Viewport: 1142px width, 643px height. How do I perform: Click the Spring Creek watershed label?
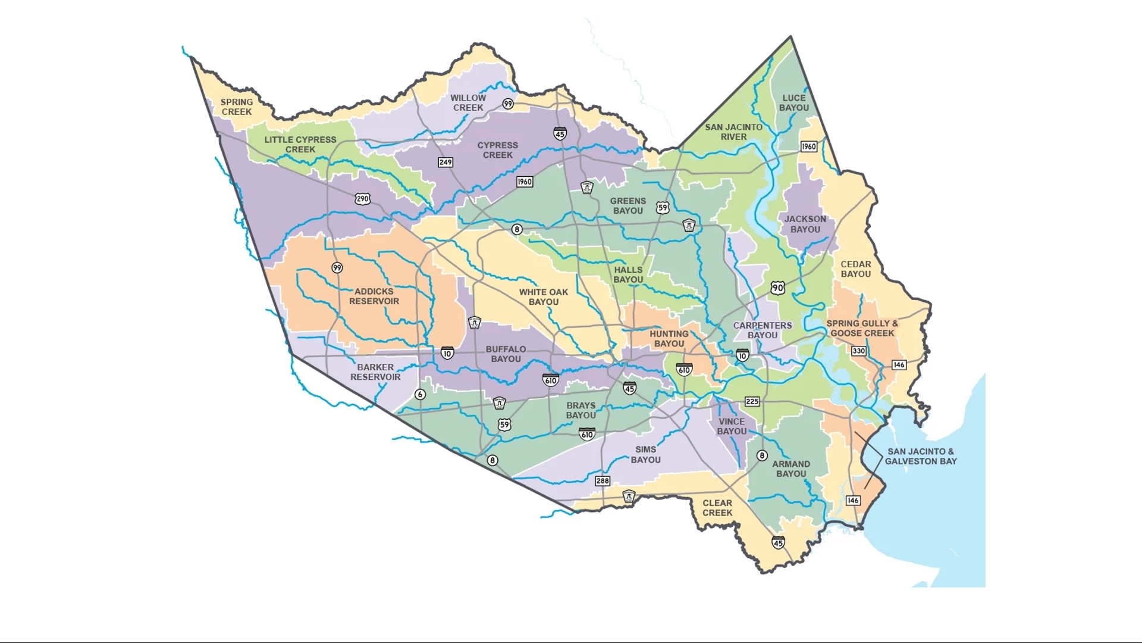pyautogui.click(x=237, y=107)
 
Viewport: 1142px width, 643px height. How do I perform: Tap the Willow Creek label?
pyautogui.click(x=468, y=103)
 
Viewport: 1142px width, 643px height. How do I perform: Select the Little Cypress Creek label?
pyautogui.click(x=300, y=145)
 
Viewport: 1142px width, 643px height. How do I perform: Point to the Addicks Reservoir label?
pyautogui.click(x=374, y=296)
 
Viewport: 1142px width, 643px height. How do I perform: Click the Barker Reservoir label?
pyautogui.click(x=375, y=372)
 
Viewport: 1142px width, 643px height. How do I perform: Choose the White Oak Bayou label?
pyautogui.click(x=544, y=297)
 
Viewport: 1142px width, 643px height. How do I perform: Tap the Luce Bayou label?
pyautogui.click(x=794, y=103)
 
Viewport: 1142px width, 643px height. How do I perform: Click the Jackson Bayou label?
pyautogui.click(x=805, y=224)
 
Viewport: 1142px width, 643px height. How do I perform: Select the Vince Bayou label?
pyautogui.click(x=732, y=426)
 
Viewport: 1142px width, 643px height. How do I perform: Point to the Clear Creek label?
pyautogui.click(x=717, y=508)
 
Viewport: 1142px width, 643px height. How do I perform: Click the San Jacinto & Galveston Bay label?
pyautogui.click(x=921, y=457)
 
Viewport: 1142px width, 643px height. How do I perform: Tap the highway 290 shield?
pyautogui.click(x=363, y=199)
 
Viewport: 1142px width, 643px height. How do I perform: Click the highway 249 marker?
pyautogui.click(x=445, y=163)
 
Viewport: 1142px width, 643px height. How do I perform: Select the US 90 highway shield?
pyautogui.click(x=778, y=288)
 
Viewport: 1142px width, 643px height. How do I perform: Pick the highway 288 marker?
pyautogui.click(x=603, y=481)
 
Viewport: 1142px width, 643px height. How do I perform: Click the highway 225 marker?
pyautogui.click(x=752, y=402)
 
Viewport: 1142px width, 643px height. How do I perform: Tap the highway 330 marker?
pyautogui.click(x=858, y=351)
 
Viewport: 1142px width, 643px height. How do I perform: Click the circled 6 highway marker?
pyautogui.click(x=421, y=395)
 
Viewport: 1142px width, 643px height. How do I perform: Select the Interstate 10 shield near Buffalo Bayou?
pyautogui.click(x=447, y=353)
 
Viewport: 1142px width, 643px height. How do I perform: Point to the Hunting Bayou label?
pyautogui.click(x=669, y=339)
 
